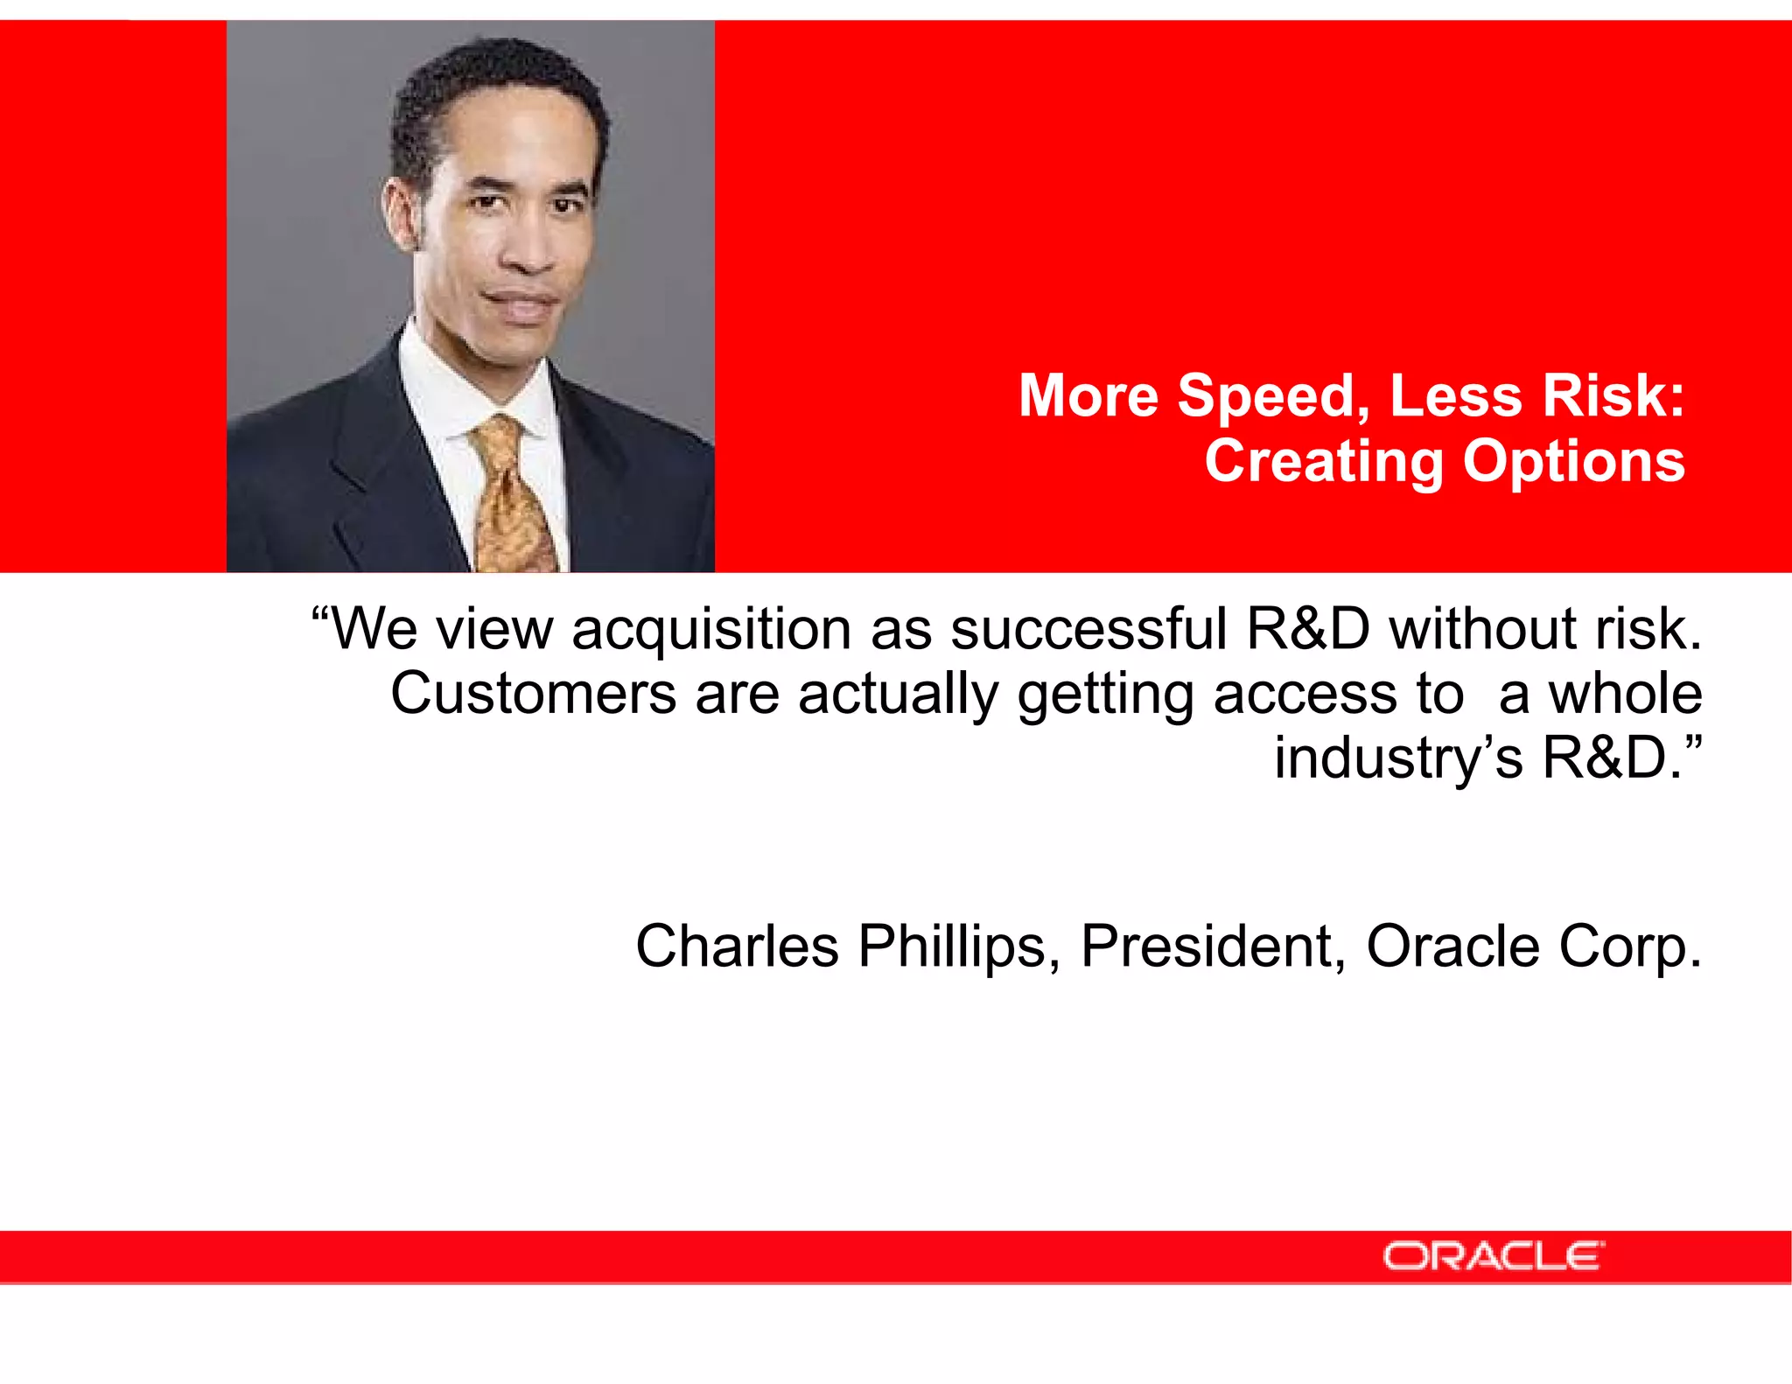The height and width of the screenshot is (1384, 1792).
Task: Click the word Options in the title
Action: coord(1573,464)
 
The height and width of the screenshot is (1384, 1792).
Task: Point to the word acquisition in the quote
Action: coord(710,630)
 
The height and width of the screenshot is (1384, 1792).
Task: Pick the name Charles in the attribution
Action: coord(737,947)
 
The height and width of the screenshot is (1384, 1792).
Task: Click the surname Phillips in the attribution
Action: coord(959,948)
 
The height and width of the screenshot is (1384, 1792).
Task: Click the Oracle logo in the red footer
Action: coord(1493,1256)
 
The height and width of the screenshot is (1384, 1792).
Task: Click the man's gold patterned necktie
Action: coord(510,499)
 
